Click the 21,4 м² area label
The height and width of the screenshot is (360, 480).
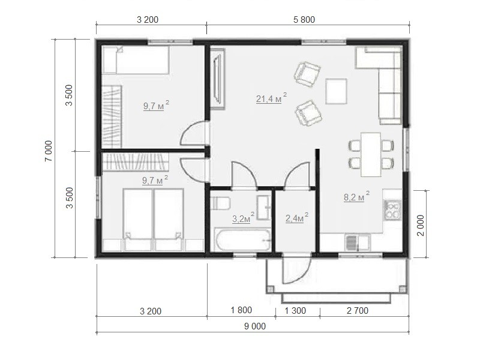click(x=272, y=98)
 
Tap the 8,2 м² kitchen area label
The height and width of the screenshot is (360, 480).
click(x=356, y=197)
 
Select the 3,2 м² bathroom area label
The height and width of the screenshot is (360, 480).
click(x=243, y=218)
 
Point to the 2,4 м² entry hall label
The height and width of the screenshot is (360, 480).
click(x=296, y=218)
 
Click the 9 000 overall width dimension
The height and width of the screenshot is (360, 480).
click(x=254, y=326)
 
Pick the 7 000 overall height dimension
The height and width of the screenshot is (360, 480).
click(x=49, y=151)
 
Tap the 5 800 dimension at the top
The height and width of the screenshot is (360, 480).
click(x=304, y=20)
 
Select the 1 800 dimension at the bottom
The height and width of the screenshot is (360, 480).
click(x=241, y=310)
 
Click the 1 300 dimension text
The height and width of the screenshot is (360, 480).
click(x=295, y=311)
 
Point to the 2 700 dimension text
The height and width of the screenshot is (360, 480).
click(x=357, y=311)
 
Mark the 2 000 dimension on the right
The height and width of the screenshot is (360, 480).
click(x=421, y=226)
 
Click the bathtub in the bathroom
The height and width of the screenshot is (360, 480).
click(x=242, y=239)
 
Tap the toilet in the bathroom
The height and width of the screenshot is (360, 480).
click(x=220, y=203)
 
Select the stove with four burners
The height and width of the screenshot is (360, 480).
click(x=393, y=209)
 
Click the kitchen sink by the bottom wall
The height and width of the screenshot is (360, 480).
click(x=357, y=242)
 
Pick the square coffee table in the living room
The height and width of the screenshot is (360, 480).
click(x=336, y=91)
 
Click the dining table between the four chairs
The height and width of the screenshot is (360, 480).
click(x=371, y=155)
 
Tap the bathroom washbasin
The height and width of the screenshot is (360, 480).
click(x=263, y=208)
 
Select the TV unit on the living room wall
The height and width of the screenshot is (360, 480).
click(x=218, y=80)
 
